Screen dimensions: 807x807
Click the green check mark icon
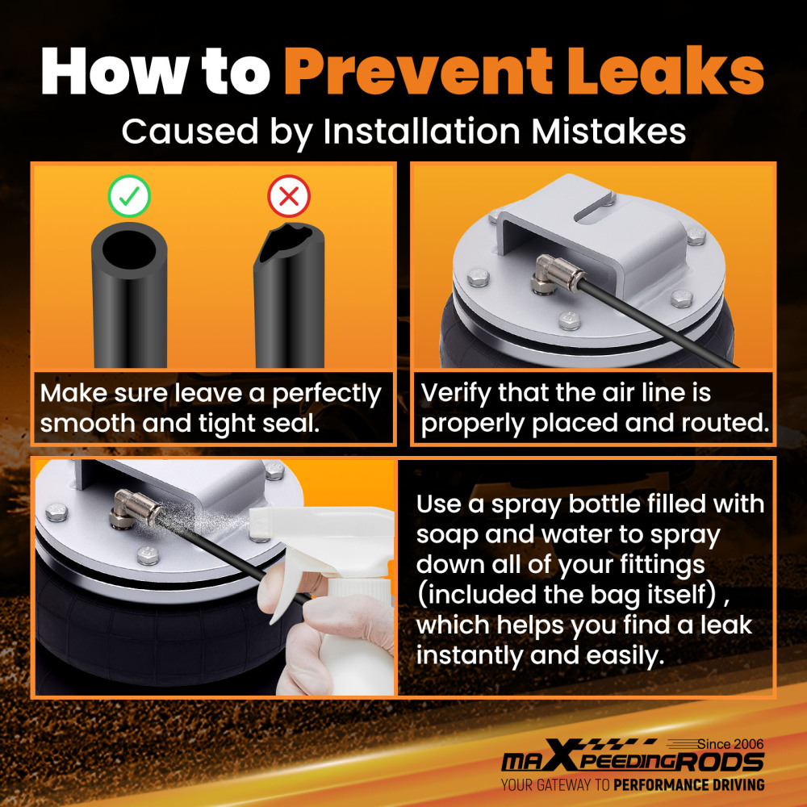[x=129, y=196]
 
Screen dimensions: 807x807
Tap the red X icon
[x=289, y=196]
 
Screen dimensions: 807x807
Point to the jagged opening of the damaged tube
[x=286, y=242]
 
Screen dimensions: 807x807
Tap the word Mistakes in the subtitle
[x=608, y=132]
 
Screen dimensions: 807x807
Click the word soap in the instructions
[x=447, y=535]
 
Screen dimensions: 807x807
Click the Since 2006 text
[x=730, y=744]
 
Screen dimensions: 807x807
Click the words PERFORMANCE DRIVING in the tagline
[x=688, y=785]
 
